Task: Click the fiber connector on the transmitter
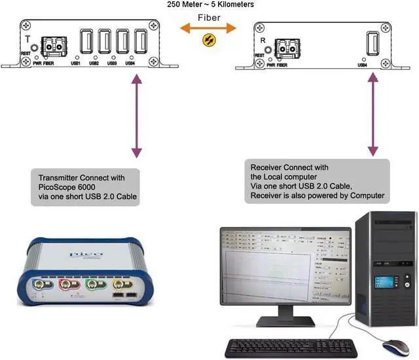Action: click(x=54, y=46)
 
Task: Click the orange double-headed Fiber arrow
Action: click(x=209, y=28)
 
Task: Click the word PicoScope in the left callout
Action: click(x=56, y=188)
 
